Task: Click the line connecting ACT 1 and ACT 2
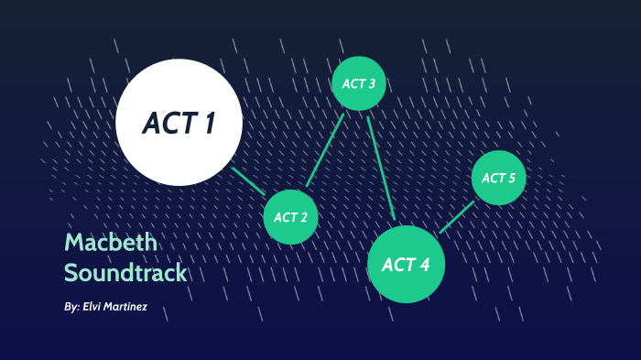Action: click(248, 180)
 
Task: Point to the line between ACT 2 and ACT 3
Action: click(325, 150)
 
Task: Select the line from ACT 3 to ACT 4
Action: click(381, 168)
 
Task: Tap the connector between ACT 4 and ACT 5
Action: click(457, 217)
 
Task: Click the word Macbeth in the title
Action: click(111, 243)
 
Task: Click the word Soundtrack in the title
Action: click(125, 273)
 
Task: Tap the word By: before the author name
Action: click(72, 308)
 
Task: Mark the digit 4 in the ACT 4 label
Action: click(424, 265)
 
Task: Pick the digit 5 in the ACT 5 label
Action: click(512, 178)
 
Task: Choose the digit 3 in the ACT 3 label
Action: click(371, 83)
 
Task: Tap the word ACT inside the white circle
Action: click(168, 123)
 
